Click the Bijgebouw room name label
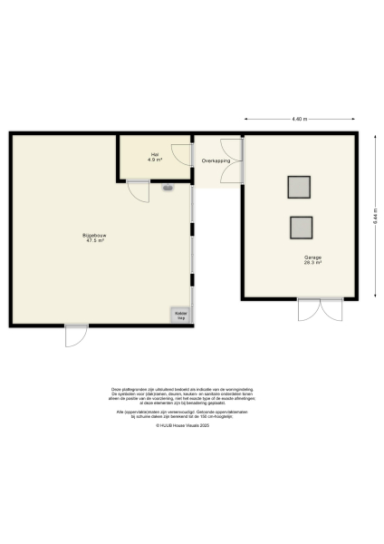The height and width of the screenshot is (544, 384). [94, 236]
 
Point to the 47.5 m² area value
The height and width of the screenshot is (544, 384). [94, 241]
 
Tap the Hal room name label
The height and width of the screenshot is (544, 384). [154, 155]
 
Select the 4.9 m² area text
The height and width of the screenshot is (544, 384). [154, 160]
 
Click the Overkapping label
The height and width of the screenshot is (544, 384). [216, 160]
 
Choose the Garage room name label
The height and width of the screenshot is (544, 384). [313, 258]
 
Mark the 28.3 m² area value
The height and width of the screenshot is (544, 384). [313, 264]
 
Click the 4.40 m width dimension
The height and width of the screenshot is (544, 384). [299, 119]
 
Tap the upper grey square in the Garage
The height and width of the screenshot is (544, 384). [300, 187]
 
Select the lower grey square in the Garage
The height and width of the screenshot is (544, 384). [300, 227]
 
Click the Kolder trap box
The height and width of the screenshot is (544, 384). [180, 316]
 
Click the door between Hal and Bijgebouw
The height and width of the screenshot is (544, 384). [138, 190]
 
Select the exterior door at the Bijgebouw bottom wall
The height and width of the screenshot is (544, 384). [75, 335]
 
